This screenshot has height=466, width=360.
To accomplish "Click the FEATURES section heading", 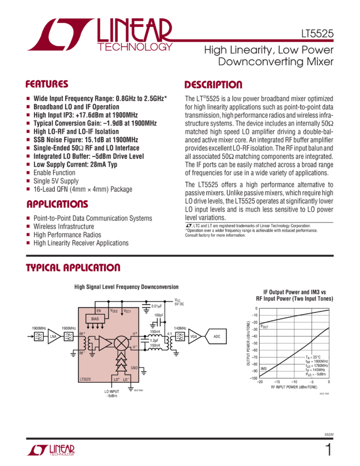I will (x=47, y=84).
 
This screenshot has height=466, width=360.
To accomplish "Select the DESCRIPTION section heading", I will (x=213, y=85).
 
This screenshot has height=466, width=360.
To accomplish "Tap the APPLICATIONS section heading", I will (x=56, y=204).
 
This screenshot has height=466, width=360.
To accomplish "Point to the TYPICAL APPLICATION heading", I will (x=73, y=268).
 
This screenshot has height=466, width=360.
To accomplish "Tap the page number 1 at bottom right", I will (x=328, y=451).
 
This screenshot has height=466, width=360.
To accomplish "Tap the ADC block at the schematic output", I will (x=216, y=336).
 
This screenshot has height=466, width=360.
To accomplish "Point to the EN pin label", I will (x=99, y=310).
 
